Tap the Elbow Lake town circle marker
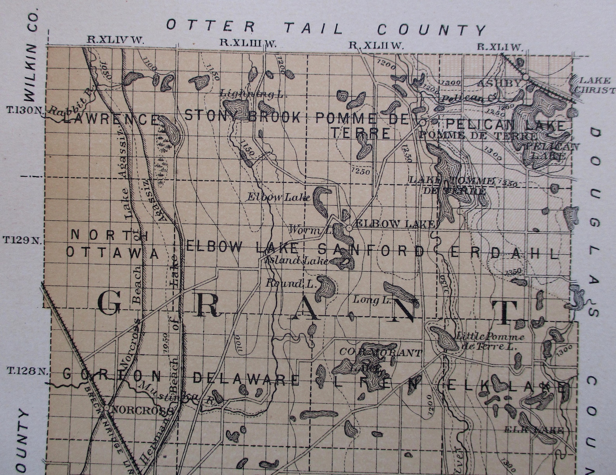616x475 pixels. [349, 228]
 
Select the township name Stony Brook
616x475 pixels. [242, 116]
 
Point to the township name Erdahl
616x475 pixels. [504, 253]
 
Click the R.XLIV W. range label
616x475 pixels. [115, 39]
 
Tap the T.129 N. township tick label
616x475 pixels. [22, 240]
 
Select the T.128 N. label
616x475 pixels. [26, 371]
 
